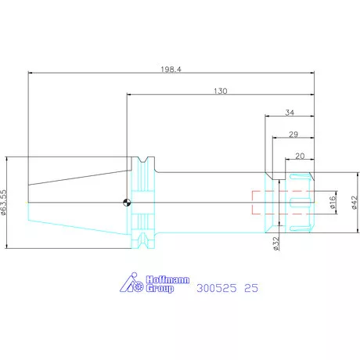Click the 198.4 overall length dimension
pyautogui.click(x=171, y=70)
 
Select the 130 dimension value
pyautogui.click(x=221, y=91)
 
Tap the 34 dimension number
pyautogui.click(x=290, y=113)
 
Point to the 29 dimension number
pyautogui.click(x=293, y=135)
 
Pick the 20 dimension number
pyautogui.click(x=300, y=156)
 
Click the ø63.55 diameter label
pyautogui.click(x=3, y=202)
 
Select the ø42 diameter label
pyautogui.click(x=355, y=203)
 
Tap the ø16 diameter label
pyautogui.click(x=333, y=203)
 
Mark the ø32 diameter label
pyautogui.click(x=276, y=243)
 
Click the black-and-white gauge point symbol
pyautogui.click(x=127, y=203)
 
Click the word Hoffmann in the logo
pyautogui.click(x=167, y=279)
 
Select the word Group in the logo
pyautogui.click(x=160, y=289)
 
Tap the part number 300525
pyautogui.click(x=217, y=288)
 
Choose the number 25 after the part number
pyautogui.click(x=251, y=288)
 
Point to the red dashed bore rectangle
pyautogui.click(x=253, y=203)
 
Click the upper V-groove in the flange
pyautogui.click(x=142, y=160)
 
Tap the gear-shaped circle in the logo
pyautogui.click(x=139, y=286)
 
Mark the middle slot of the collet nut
pyautogui.click(x=301, y=203)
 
